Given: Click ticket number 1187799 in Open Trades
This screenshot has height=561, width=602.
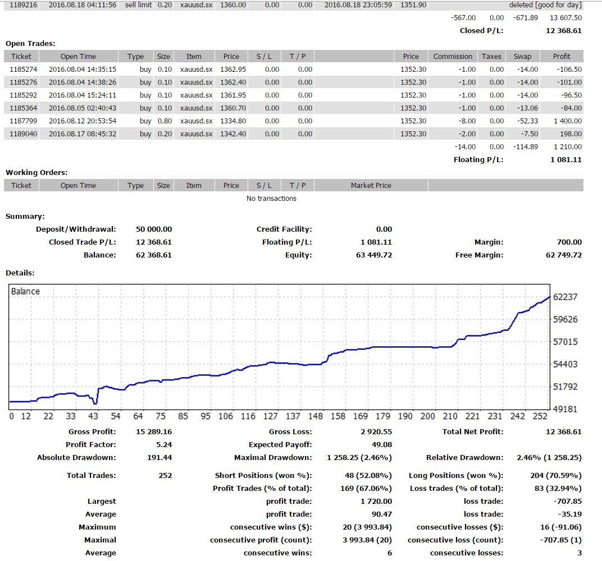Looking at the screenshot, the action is pos(24,121).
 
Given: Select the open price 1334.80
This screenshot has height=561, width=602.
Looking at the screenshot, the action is pos(233,121).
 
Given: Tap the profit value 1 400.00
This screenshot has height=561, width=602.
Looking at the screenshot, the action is pos(567,121).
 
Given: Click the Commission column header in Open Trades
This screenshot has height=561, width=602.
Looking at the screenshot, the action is pos(453,56).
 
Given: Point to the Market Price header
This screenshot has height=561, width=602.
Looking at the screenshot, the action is pos(371,185).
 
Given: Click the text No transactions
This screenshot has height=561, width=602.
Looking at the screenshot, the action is pos(271,198).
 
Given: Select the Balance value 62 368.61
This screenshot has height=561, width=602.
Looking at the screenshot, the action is pos(153,255).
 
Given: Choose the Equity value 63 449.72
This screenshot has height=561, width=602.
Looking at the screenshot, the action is pos(374,255).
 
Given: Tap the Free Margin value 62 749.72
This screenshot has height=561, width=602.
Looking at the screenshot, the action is pos(564,255).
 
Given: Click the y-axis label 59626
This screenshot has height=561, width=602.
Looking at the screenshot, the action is pos(565,319).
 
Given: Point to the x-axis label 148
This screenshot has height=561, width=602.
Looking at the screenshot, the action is pos(315,416).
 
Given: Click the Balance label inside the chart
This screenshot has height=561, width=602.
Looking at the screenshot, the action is pos(25,291).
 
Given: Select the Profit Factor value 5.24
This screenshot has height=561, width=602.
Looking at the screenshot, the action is pos(164,444).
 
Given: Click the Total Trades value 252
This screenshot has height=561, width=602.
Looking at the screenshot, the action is pos(165,476).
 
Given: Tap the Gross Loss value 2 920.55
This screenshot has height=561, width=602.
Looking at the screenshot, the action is pos(376,432).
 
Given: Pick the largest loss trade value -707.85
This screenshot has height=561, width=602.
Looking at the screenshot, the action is pos(567,501).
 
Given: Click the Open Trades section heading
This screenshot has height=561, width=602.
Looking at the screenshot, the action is pos(30,43).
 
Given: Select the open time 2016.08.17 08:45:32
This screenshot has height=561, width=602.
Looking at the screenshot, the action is pos(83,134).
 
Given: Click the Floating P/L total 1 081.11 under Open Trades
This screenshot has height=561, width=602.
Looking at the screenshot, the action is pos(566,159).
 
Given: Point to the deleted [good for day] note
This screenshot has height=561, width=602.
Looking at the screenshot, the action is pos(545,5).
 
